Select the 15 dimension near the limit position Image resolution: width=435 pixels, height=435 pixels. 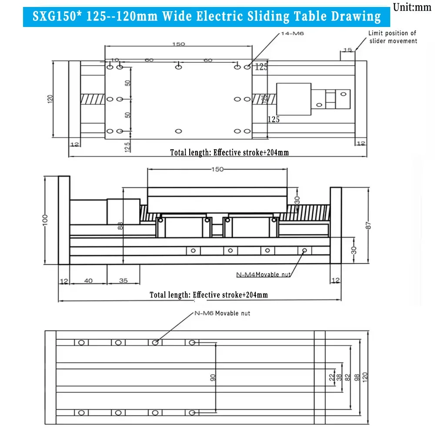pos(347,50)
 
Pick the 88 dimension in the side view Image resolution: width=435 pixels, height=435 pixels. pos(120,225)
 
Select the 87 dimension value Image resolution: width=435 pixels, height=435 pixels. pos(368,225)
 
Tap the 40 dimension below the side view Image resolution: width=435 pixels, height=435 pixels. pos(88,281)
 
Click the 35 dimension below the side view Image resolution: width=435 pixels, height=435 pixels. pos(123,281)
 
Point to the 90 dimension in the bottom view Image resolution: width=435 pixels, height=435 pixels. pos(213,378)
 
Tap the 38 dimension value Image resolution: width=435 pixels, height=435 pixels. pos(339,378)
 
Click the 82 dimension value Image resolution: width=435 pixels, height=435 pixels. pos(348,378)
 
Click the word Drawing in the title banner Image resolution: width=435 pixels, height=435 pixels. pos(355,17)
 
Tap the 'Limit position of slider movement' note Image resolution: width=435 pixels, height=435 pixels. pos(393,37)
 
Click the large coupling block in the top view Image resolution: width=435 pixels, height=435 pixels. pos(294,99)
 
